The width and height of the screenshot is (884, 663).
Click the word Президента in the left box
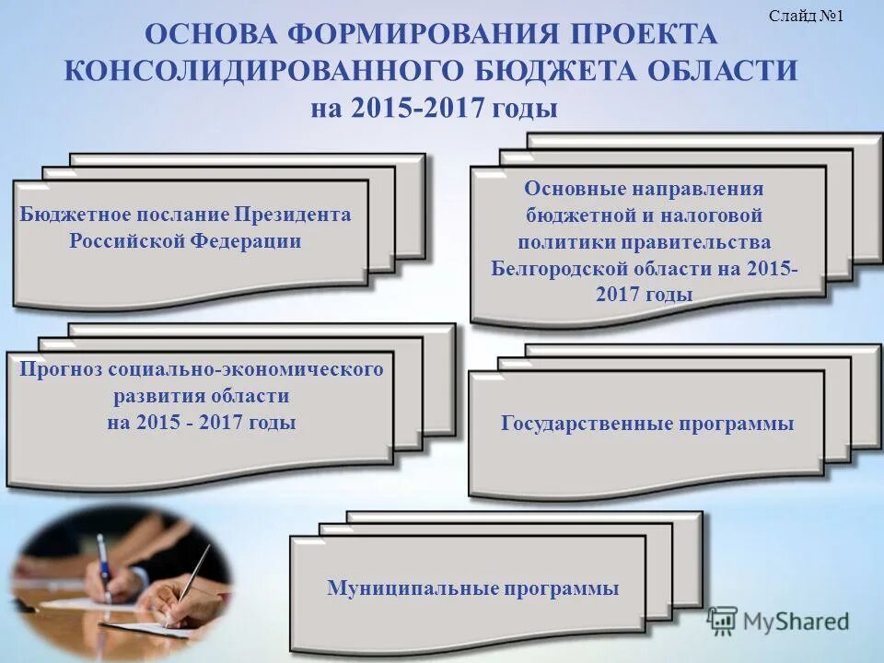(292, 215)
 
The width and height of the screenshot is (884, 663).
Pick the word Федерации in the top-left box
(256, 241)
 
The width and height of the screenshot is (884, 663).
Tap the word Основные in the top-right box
(572, 188)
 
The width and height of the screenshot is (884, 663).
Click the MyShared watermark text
(796, 622)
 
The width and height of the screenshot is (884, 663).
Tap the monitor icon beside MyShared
(722, 621)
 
